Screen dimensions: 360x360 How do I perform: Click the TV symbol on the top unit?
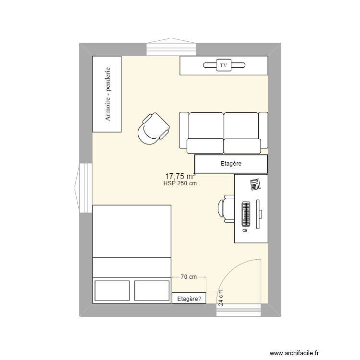click(x=223, y=64)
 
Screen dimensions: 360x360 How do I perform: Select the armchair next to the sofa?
click(x=153, y=128)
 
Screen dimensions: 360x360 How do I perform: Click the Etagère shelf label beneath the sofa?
click(x=231, y=164)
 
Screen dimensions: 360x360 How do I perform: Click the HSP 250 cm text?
click(x=180, y=183)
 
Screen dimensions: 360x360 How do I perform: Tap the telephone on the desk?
click(x=255, y=183)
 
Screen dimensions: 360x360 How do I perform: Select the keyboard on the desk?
click(x=246, y=214)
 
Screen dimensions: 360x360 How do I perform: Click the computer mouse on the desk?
click(x=245, y=230)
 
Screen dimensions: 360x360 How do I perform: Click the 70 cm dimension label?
click(x=189, y=277)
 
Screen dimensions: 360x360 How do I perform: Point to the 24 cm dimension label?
click(x=221, y=298)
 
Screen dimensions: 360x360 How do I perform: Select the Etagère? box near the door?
click(x=189, y=298)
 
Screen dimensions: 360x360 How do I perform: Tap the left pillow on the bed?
click(x=112, y=290)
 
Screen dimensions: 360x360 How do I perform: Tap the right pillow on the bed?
click(x=152, y=290)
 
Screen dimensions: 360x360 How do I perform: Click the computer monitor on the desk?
click(x=259, y=214)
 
